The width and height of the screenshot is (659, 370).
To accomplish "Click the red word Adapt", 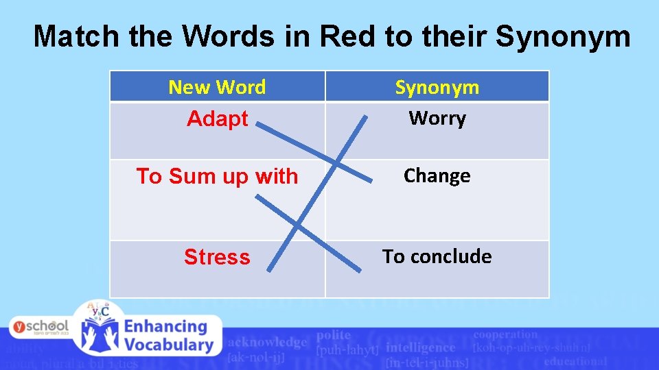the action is tap(217, 119).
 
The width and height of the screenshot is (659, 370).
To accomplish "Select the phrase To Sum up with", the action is tap(217, 176).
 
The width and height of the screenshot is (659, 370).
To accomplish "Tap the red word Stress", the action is tap(217, 257).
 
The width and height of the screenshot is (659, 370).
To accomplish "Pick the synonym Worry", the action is tap(437, 119).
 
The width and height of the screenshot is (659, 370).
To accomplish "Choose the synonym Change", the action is tap(437, 176).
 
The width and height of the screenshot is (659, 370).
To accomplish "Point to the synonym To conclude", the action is tap(437, 256).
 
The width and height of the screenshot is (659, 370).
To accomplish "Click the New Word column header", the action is tap(217, 87).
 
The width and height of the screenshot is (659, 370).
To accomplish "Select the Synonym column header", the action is tap(437, 87).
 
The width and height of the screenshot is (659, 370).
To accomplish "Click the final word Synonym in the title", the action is tap(562, 36).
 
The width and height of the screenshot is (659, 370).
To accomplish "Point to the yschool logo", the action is tap(40, 326).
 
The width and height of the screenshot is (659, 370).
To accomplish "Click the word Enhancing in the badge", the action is tap(166, 327).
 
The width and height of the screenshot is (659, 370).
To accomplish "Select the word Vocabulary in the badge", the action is tap(168, 345).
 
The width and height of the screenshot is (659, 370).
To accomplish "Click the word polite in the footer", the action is tap(334, 335).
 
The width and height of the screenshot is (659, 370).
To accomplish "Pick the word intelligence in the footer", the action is tap(421, 347).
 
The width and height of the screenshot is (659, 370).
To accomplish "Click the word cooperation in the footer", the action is tap(506, 334).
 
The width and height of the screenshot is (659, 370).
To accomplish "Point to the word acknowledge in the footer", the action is tap(267, 342).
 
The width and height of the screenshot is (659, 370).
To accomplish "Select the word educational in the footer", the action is tap(575, 360).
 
